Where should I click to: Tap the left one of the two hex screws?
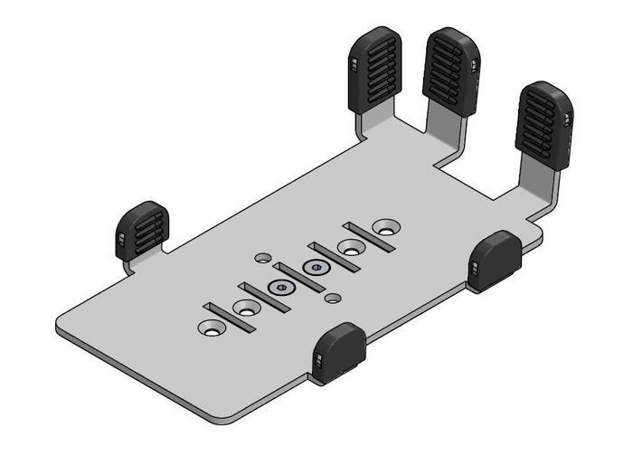click(x=281, y=289)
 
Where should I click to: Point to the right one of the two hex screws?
click(x=316, y=268)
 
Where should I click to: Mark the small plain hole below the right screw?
click(x=334, y=297)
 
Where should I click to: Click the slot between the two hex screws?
click(x=298, y=277)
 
